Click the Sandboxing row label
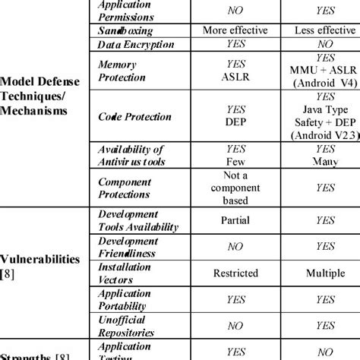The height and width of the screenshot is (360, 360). [x=126, y=31]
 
